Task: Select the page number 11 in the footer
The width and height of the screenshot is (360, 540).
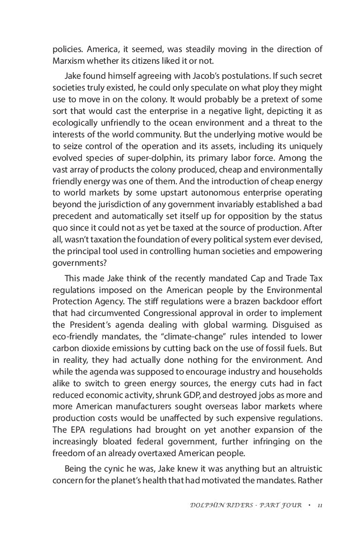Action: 319,506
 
